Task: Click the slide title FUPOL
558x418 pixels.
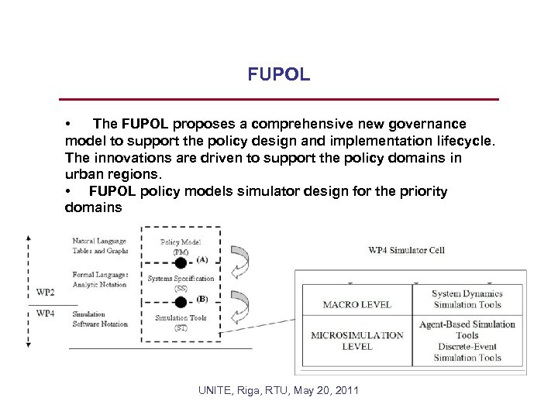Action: click(x=279, y=75)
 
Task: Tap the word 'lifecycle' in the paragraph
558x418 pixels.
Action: click(x=454, y=141)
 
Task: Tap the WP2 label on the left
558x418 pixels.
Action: click(x=46, y=293)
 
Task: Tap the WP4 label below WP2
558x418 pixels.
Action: click(x=46, y=313)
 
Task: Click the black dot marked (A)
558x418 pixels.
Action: click(x=181, y=262)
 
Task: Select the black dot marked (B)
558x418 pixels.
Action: click(x=181, y=300)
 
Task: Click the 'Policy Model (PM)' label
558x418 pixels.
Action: click(x=181, y=246)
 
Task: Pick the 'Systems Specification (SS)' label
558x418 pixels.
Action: click(x=181, y=283)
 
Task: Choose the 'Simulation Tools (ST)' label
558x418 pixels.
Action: click(x=181, y=322)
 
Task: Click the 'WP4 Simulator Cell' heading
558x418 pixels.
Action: click(x=406, y=250)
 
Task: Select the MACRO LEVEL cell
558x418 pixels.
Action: click(x=356, y=304)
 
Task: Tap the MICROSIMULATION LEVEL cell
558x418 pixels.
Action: click(x=356, y=341)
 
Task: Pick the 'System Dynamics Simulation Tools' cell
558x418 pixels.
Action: click(x=467, y=299)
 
